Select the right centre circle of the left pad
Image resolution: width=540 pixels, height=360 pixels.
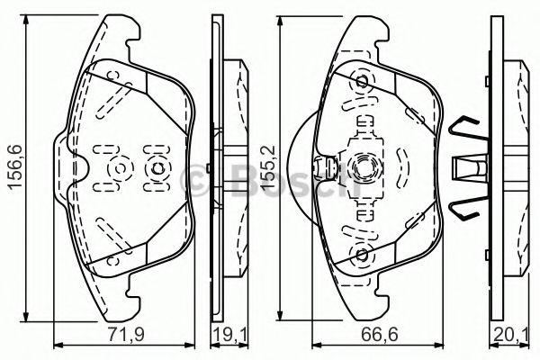(157, 168)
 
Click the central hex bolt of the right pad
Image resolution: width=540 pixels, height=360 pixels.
(363, 167)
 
